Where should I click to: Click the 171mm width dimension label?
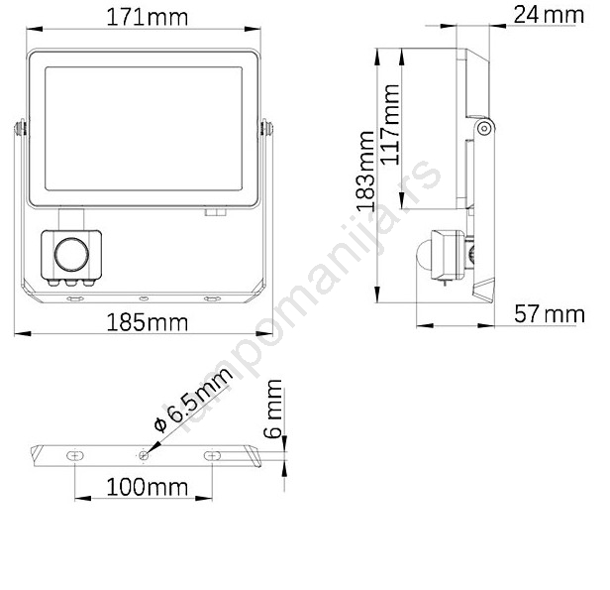pos(147,18)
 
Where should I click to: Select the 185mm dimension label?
pos(147,323)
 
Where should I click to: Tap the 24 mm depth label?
pos(549,15)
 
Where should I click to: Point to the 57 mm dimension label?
pos(550,314)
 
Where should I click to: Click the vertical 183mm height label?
pos(366,172)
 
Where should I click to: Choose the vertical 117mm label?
pos(390,125)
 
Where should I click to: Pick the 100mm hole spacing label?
pos(147,487)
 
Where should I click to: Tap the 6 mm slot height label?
pos(272,409)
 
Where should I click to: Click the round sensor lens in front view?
pos(71,255)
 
